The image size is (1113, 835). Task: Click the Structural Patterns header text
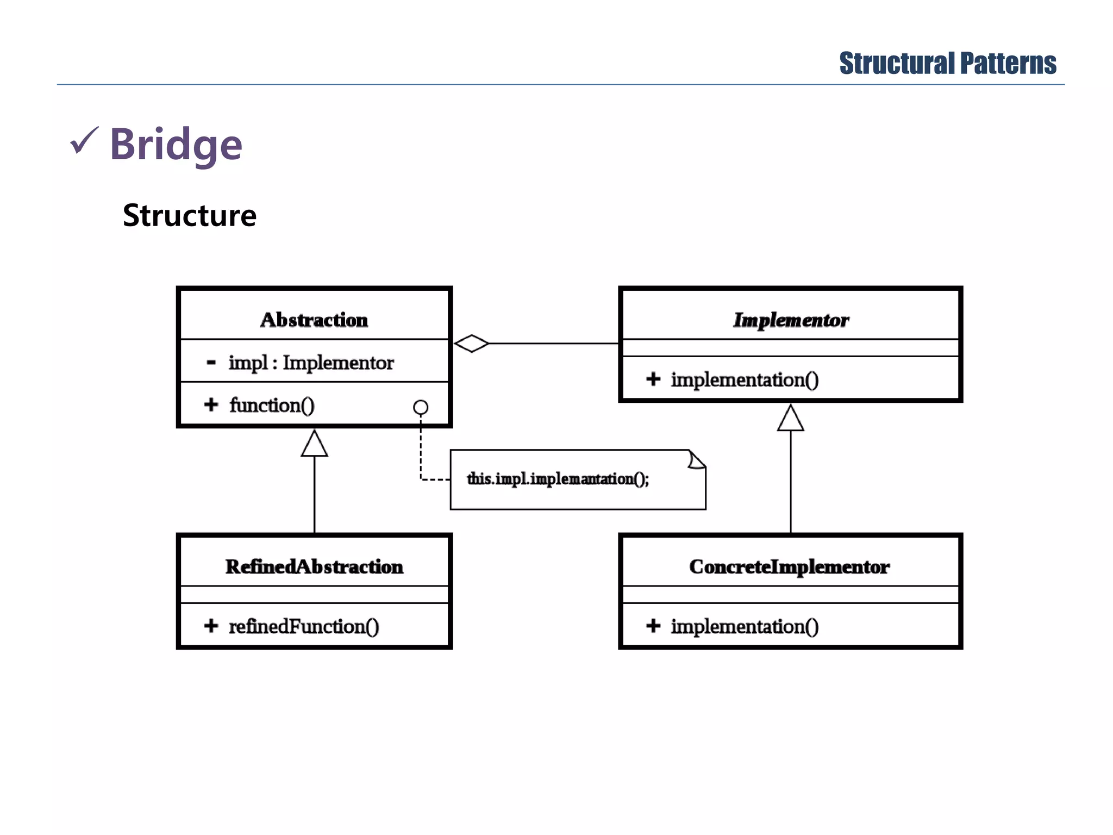(x=947, y=64)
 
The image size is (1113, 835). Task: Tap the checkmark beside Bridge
(x=84, y=141)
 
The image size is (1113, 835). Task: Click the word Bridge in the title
(x=176, y=144)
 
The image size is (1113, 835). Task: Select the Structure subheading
(x=189, y=215)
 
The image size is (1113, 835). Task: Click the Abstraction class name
(x=314, y=320)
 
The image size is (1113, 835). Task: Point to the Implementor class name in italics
(x=791, y=320)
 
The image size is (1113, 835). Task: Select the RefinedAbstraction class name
(x=314, y=566)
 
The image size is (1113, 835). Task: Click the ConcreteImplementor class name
(x=790, y=566)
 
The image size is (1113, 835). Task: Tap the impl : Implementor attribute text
(x=311, y=363)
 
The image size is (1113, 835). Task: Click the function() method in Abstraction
(x=272, y=405)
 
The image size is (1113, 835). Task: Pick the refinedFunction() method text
(x=304, y=626)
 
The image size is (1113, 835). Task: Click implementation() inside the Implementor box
(x=745, y=379)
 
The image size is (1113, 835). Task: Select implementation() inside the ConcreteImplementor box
(x=745, y=626)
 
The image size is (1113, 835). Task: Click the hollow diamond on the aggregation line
(x=471, y=344)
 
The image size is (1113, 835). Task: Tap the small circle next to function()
(x=421, y=407)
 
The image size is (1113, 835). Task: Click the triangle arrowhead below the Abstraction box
(x=314, y=445)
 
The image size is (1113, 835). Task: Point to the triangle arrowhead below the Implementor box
(x=790, y=419)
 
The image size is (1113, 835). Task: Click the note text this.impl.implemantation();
(x=558, y=479)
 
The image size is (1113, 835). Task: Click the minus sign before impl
(x=211, y=362)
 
